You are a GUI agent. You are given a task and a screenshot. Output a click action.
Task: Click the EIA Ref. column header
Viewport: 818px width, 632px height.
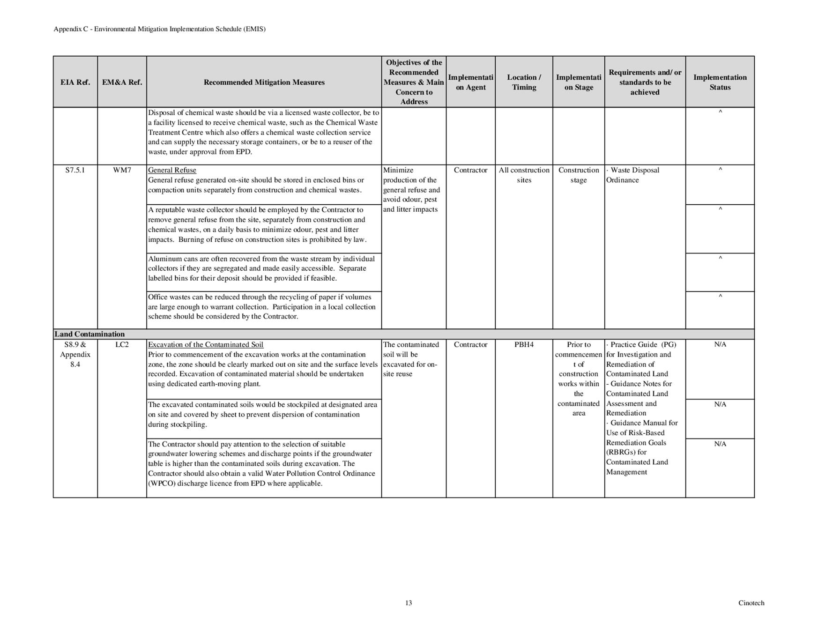pos(75,82)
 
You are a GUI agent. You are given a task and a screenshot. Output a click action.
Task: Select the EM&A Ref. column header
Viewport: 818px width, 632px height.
pos(122,82)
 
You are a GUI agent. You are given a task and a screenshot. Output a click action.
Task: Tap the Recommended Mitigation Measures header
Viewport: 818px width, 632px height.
pos(264,82)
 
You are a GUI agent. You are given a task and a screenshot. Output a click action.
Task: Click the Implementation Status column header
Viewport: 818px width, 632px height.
pos(720,82)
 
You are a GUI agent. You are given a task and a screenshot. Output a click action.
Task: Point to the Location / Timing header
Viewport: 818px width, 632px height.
pos(524,82)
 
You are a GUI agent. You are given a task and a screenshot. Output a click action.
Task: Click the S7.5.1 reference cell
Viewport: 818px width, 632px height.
pos(75,170)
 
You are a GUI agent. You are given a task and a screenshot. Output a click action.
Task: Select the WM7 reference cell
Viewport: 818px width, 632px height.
pos(122,170)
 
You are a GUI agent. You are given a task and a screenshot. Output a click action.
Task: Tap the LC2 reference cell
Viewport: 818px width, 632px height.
pos(122,344)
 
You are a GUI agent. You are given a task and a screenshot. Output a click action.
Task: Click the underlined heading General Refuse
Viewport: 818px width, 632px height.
pos(172,170)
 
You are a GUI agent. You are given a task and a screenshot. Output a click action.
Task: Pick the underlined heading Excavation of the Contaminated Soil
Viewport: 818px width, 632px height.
pos(206,344)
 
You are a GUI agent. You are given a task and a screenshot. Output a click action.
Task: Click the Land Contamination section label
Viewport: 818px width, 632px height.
pos(89,334)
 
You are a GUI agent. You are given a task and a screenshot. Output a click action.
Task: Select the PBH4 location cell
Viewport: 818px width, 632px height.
pos(524,344)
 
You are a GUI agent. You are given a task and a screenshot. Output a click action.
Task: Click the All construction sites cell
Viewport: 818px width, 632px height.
pos(524,175)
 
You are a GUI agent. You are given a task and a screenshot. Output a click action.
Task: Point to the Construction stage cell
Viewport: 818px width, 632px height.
pos(579,175)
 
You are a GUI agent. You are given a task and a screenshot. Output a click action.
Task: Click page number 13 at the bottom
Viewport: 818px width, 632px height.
pos(409,603)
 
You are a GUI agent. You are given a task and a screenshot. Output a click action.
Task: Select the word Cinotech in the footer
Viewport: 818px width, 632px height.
pos(751,603)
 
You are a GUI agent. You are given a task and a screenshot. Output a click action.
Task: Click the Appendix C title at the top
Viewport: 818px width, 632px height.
pos(159,29)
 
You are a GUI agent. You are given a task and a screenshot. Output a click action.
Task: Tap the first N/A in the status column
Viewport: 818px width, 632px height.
pos(720,344)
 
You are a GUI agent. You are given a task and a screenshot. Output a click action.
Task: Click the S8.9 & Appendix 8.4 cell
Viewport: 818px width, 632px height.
pos(75,354)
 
